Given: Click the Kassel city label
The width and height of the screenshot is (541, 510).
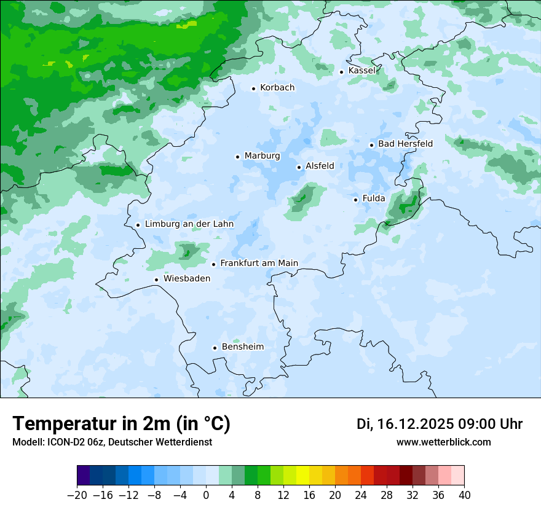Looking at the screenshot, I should point(361,71).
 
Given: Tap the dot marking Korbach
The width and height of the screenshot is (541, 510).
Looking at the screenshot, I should point(253,88).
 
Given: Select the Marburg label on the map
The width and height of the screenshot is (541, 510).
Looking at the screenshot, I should point(262,156).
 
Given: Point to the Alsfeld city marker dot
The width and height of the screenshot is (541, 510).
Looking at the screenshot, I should point(299,167).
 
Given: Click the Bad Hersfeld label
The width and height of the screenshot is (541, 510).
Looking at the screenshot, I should point(405,144).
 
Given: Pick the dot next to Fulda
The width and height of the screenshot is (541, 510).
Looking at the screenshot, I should point(355,200).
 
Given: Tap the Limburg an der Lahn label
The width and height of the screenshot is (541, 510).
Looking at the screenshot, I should point(189,224).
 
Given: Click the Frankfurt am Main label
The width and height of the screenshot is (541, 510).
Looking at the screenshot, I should point(259,264).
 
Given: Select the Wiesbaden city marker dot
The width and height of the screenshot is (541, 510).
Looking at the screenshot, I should point(157,280).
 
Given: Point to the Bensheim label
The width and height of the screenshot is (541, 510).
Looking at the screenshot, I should point(242,347).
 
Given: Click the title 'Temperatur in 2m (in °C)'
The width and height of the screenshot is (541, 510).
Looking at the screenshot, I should point(122,424).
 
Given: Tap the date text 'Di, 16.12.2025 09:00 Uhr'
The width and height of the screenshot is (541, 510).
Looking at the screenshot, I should point(440,424).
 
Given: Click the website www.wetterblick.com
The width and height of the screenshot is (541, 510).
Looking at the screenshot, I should point(444,442).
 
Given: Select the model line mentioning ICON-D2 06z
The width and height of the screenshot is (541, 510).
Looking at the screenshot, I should point(112,442).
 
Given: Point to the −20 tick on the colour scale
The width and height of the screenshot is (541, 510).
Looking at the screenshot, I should point(77,495).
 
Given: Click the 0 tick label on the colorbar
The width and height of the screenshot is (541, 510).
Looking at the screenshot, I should point(206,495).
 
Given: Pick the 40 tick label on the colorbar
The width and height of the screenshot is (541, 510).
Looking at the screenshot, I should point(464,495).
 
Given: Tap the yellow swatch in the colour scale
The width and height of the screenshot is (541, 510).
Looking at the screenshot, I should point(302,476).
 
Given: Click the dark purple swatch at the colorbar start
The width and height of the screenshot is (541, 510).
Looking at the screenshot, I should point(84,476).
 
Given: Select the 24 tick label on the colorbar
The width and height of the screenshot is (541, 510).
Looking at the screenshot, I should point(361,495).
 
